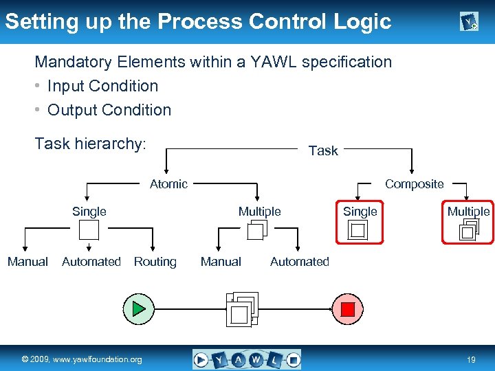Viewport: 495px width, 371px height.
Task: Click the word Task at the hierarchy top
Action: (x=323, y=150)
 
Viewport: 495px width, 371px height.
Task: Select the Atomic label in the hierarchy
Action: (x=168, y=183)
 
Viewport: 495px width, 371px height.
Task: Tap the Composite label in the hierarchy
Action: (x=414, y=183)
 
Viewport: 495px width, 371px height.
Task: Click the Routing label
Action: (x=155, y=262)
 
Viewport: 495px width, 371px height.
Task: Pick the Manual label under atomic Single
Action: (x=27, y=262)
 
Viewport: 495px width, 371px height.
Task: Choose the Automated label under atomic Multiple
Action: (x=299, y=262)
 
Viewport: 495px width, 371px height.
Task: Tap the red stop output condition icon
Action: (x=348, y=308)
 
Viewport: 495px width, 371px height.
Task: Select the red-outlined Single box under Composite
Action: (x=360, y=222)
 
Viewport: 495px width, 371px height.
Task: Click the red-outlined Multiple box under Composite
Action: (x=468, y=222)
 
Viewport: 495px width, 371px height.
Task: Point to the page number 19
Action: (x=471, y=360)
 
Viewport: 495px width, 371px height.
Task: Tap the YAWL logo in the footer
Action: (x=247, y=359)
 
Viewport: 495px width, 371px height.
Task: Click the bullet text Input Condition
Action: (x=102, y=86)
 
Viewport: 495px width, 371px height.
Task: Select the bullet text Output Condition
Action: (x=109, y=110)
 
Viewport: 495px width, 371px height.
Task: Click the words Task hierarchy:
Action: (x=90, y=144)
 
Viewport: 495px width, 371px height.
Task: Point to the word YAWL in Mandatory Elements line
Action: (x=273, y=62)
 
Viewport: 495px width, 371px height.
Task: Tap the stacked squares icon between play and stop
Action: (x=242, y=308)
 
